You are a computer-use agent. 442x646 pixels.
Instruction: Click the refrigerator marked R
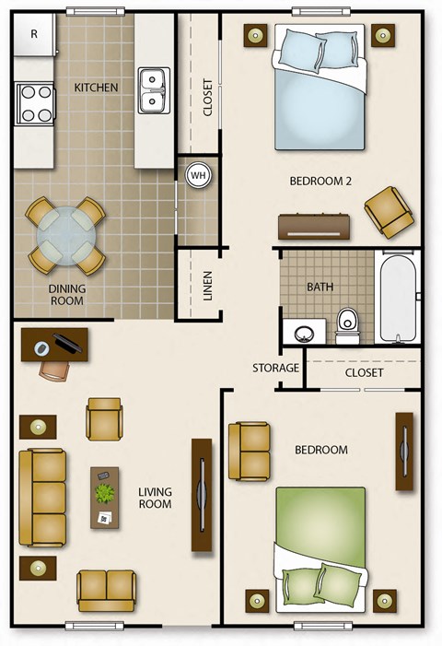(34, 35)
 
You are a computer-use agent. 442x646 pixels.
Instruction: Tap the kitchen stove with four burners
(35, 103)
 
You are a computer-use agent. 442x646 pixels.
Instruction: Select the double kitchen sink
(154, 90)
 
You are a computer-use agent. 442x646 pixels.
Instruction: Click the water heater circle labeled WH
(198, 174)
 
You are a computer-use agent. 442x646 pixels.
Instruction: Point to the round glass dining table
(64, 237)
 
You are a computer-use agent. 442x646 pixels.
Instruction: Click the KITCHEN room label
(96, 88)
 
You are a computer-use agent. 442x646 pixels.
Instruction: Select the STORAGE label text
(276, 369)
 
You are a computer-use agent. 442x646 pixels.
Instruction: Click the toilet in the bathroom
(347, 323)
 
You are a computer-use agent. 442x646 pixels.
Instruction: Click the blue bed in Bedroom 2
(320, 92)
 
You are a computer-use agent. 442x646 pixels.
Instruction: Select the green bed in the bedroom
(321, 544)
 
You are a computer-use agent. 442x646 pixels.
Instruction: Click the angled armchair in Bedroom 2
(388, 210)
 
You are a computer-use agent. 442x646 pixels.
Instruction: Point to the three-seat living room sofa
(43, 496)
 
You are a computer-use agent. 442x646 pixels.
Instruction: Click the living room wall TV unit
(202, 495)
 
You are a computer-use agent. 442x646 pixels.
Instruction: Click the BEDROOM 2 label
(320, 181)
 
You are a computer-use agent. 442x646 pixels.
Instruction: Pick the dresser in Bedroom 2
(316, 226)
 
